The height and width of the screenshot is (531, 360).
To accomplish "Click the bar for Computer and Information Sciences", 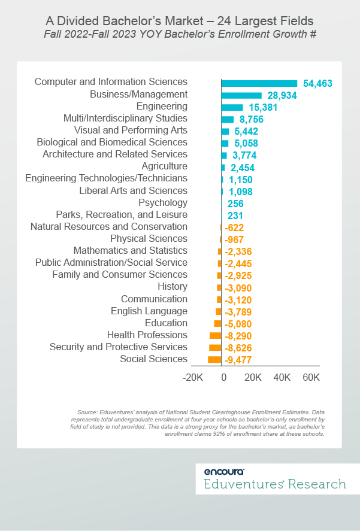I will (x=259, y=83).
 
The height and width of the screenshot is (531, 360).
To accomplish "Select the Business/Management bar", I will (x=241, y=95).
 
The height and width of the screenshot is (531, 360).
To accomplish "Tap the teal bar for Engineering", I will (x=232, y=107).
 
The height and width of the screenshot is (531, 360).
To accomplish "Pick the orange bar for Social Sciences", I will (x=214, y=359).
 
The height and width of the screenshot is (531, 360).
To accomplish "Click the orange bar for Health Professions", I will (x=215, y=335).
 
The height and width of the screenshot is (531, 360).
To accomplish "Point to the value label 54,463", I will (x=317, y=84).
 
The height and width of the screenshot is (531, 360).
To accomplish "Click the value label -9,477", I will (x=238, y=360).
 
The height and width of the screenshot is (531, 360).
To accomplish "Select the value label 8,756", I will (x=247, y=120).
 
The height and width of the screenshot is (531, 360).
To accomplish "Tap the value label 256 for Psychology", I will (x=235, y=204).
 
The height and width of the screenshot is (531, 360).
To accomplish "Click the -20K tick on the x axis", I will (x=193, y=378).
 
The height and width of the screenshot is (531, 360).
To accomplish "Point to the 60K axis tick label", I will (x=311, y=378).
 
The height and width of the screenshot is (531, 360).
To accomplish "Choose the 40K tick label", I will (x=282, y=378).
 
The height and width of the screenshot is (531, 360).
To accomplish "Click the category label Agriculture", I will (x=164, y=166).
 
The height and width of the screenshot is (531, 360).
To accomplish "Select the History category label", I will (x=173, y=287).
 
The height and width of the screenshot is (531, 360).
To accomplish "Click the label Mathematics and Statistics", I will (x=130, y=251).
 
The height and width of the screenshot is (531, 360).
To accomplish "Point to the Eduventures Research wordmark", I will (x=275, y=484).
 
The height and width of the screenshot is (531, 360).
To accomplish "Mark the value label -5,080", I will (x=238, y=324).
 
